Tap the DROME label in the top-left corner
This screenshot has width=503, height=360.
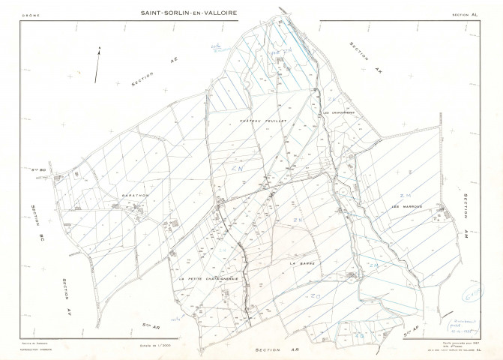click(30, 14)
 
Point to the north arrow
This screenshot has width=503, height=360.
click(97, 64)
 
